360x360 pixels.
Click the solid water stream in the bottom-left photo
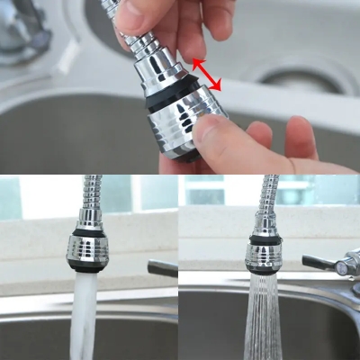click(84, 315)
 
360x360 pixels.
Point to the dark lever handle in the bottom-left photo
click(162, 268)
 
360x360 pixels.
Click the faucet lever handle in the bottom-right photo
click(319, 264)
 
